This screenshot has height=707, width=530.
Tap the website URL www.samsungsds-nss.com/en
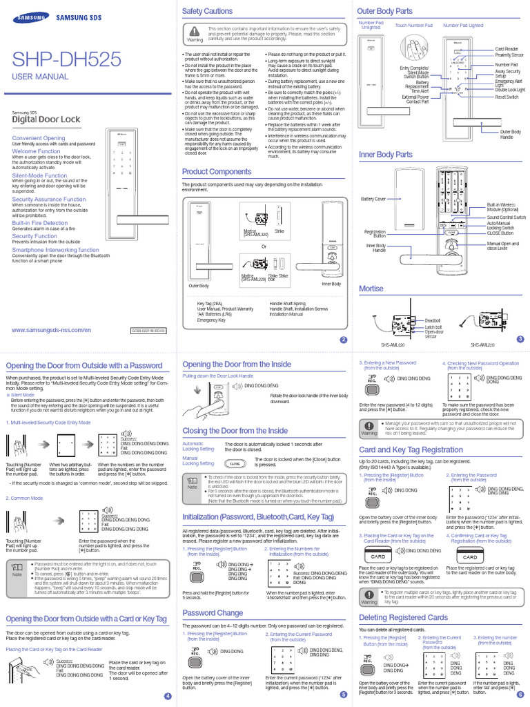(x=52, y=330)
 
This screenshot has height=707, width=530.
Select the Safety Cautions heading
(x=207, y=11)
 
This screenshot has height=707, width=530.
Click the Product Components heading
(x=217, y=171)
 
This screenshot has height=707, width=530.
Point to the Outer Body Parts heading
(x=384, y=11)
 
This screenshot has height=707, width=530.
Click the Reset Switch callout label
(x=507, y=97)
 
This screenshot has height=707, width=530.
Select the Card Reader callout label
(x=507, y=49)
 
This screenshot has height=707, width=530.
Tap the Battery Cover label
(x=373, y=199)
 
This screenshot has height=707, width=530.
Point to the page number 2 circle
(x=344, y=340)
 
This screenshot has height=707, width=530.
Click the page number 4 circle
(x=166, y=696)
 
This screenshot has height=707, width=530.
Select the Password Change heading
(x=213, y=612)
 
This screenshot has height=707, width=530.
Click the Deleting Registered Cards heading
(x=404, y=617)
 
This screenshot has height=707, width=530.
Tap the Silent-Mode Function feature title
(x=40, y=176)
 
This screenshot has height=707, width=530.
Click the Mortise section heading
(x=371, y=289)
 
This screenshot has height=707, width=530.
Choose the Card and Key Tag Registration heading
(x=411, y=450)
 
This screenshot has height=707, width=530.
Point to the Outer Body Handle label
(x=511, y=134)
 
